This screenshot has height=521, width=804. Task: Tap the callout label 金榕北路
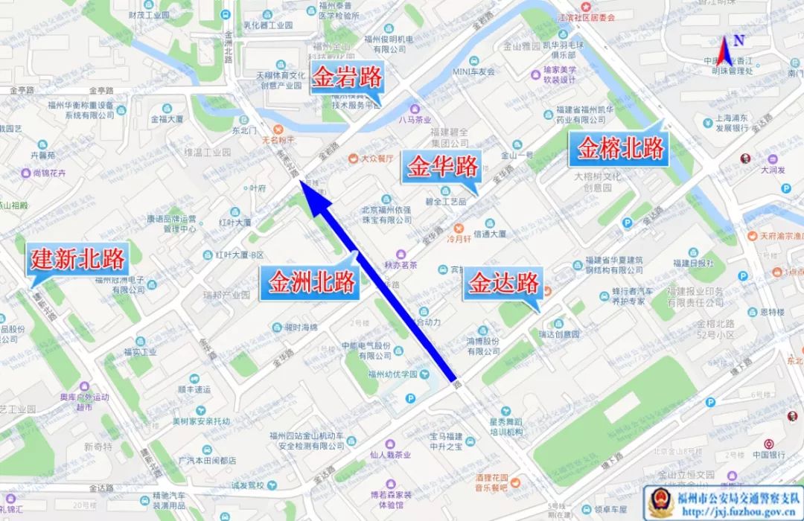pos(621,148)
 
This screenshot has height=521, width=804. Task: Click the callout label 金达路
pos(503,283)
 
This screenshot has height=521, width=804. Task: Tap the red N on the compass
pos(738,42)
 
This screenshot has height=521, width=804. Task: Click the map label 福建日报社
pos(693,263)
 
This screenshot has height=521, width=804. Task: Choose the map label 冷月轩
pos(459,239)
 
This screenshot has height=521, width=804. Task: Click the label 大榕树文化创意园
pos(597,182)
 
